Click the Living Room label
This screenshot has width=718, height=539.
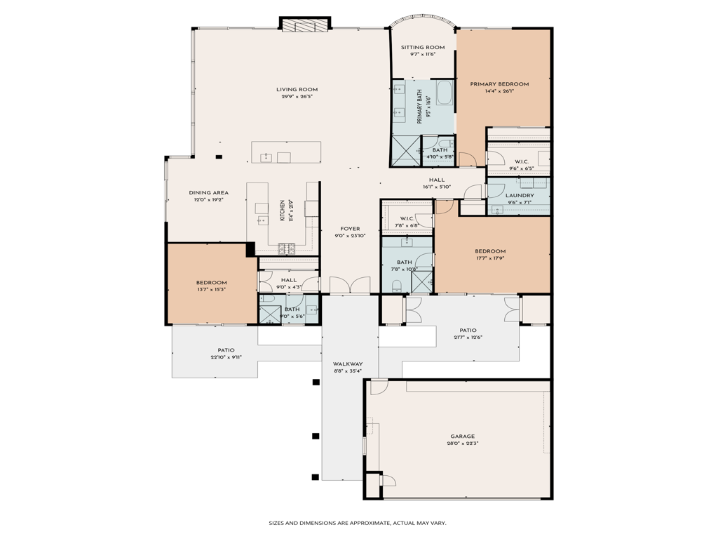pyautogui.click(x=297, y=89)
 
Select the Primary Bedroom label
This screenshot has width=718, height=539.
pyautogui.click(x=499, y=84)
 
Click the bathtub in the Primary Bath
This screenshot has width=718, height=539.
pyautogui.click(x=444, y=93)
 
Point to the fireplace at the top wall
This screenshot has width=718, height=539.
pyautogui.click(x=304, y=24)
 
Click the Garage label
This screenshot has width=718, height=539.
pyautogui.click(x=462, y=436)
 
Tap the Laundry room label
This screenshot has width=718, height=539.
pyautogui.click(x=520, y=196)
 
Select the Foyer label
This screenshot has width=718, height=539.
pyautogui.click(x=350, y=229)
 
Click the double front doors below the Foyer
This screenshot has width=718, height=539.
pyautogui.click(x=350, y=285)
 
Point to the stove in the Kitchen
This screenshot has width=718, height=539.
pyautogui.click(x=287, y=247)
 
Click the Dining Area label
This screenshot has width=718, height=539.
pyautogui.click(x=208, y=192)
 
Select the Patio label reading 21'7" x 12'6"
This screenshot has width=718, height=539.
pyautogui.click(x=468, y=330)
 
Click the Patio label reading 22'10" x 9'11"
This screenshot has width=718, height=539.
pyautogui.click(x=226, y=350)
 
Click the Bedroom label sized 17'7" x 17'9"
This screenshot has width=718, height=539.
pyautogui.click(x=489, y=251)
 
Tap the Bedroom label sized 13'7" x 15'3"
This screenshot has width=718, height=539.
pyautogui.click(x=211, y=282)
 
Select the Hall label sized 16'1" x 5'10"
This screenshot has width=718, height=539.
pyautogui.click(x=436, y=180)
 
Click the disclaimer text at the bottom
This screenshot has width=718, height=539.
pyautogui.click(x=358, y=522)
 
